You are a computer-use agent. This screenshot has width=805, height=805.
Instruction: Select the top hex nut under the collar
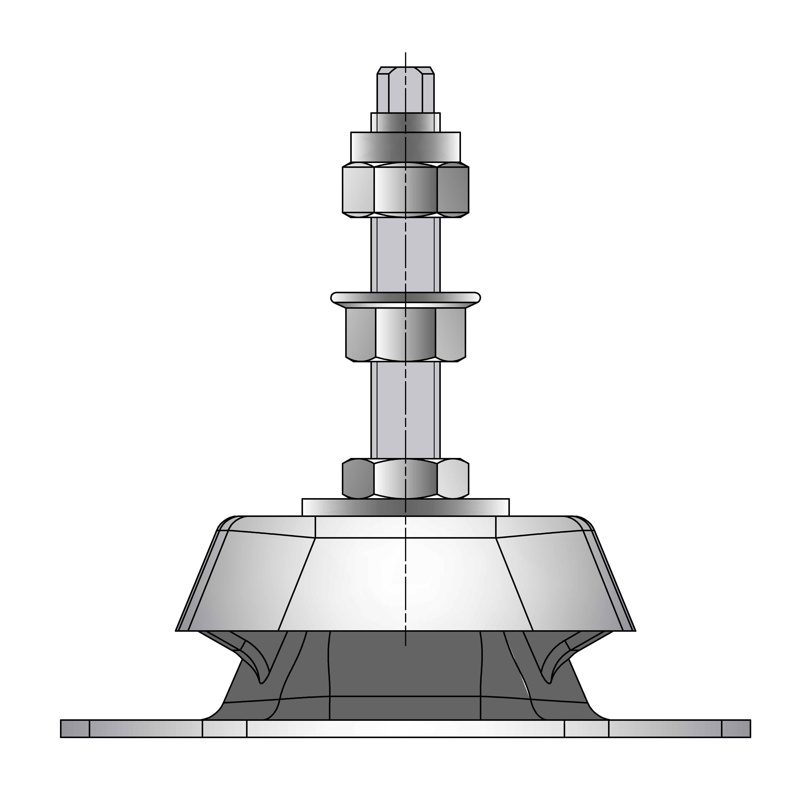coord(405,190)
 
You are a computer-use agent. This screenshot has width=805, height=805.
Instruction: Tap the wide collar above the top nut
coord(405,147)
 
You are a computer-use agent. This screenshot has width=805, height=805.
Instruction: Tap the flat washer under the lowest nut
coord(405,507)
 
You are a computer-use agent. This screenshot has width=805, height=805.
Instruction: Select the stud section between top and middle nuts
coord(405,254)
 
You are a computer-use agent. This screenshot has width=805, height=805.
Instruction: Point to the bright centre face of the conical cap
coord(405,583)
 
